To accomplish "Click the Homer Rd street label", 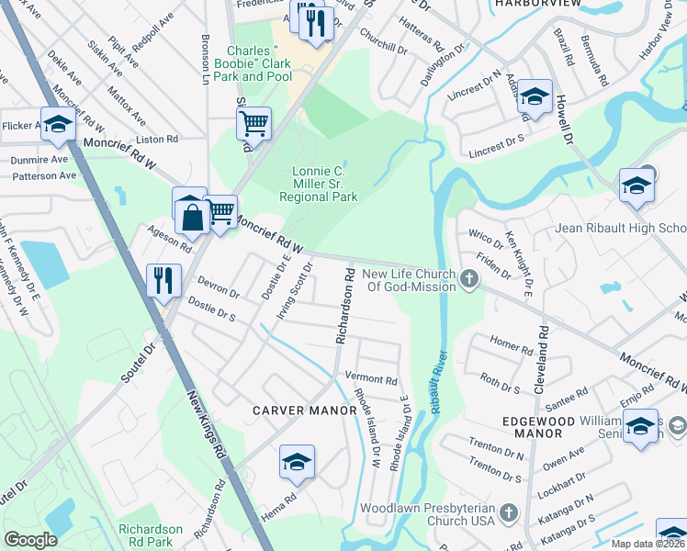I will [x=512, y=347].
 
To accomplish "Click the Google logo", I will [x=30, y=539].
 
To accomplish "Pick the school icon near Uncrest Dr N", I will [x=534, y=96].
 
